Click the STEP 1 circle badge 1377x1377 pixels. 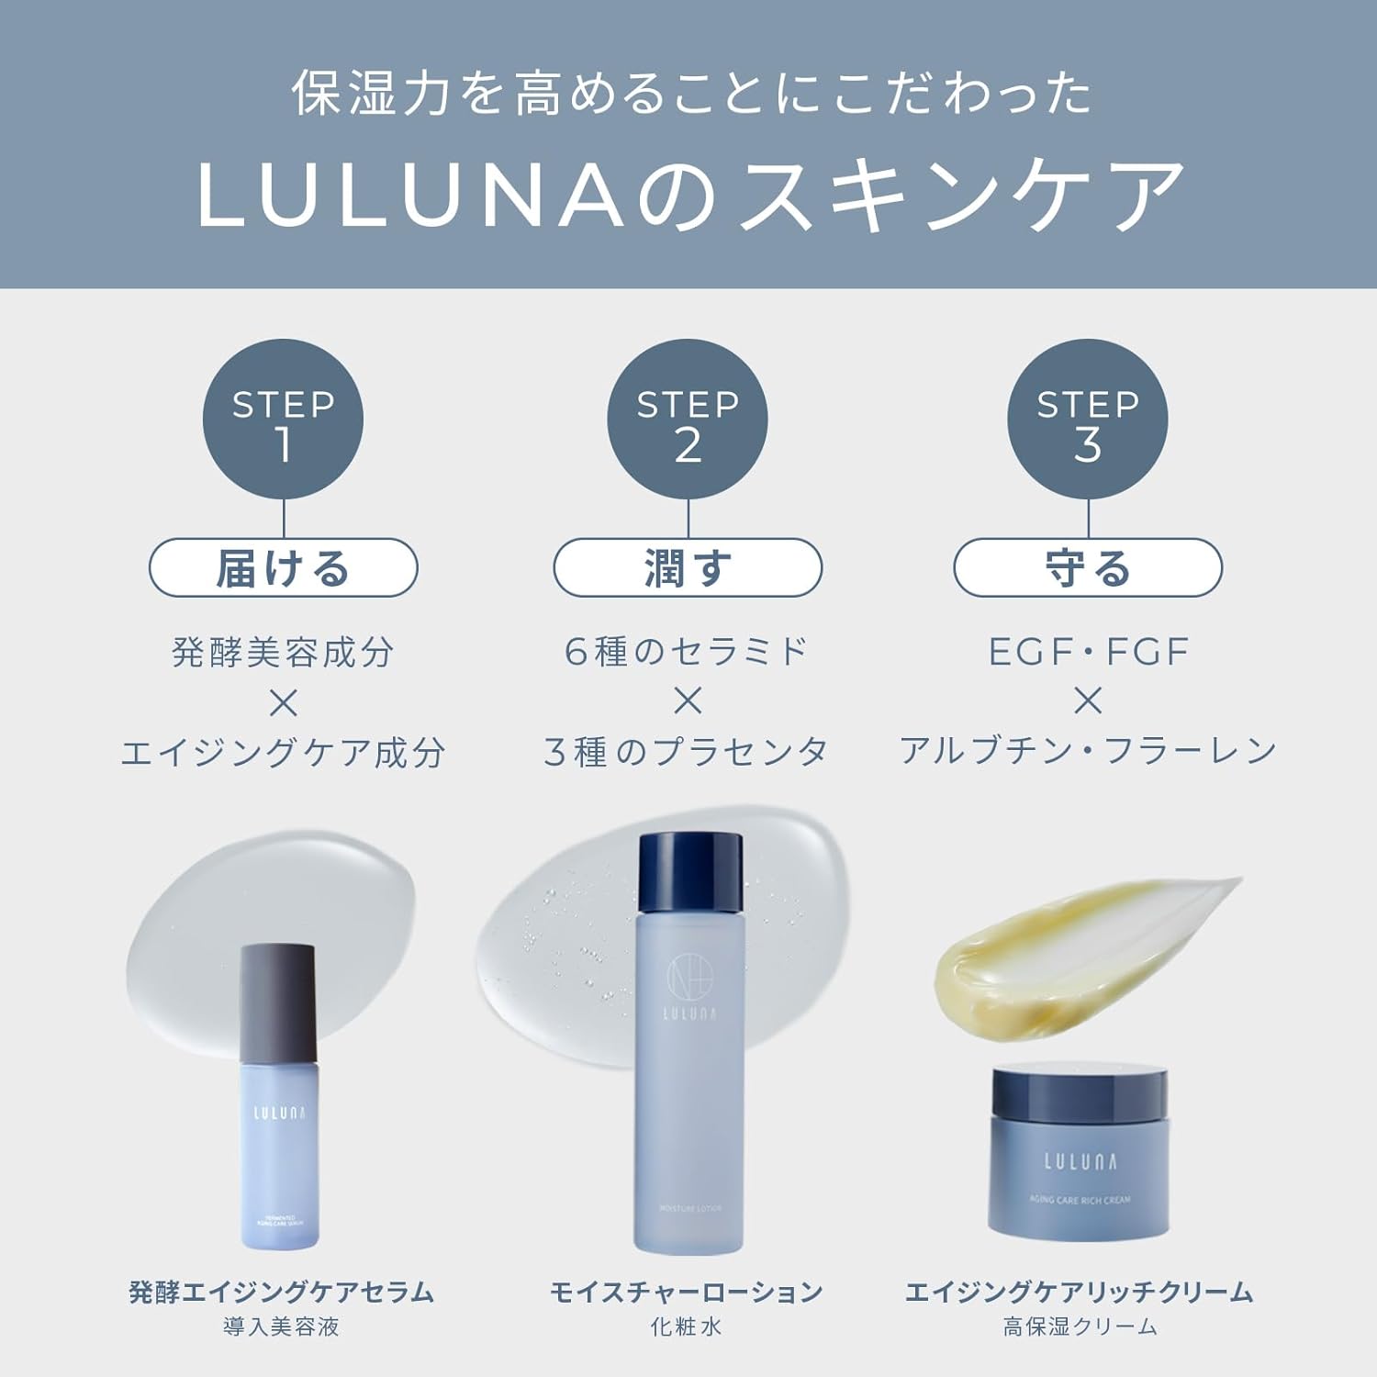[x=283, y=420]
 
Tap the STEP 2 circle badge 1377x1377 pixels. [x=688, y=420]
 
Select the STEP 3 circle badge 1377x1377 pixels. [x=1088, y=420]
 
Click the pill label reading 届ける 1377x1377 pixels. [x=283, y=568]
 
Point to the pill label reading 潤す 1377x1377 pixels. [x=688, y=568]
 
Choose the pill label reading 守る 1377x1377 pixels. [x=1088, y=568]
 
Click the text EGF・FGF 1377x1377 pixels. [x=1088, y=652]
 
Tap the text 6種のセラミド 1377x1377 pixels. [x=688, y=652]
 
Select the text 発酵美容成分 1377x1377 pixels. [x=283, y=653]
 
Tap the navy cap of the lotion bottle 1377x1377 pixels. [x=689, y=872]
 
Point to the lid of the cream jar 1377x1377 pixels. [x=1080, y=1097]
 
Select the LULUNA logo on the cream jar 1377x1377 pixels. [x=1080, y=1162]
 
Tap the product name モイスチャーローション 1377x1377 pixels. [x=688, y=1293]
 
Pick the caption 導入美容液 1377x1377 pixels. [x=282, y=1327]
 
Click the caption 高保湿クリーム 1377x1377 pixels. [x=1080, y=1327]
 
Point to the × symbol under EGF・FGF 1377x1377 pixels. [x=1088, y=702]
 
